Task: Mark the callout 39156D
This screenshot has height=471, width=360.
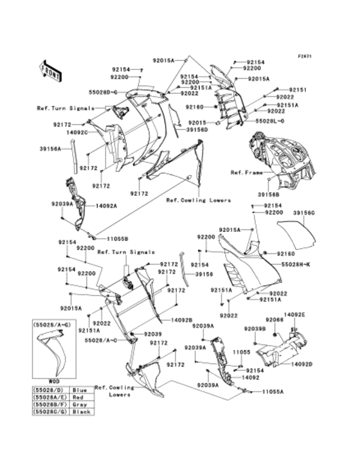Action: click(197, 129)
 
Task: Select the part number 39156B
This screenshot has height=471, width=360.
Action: click(269, 193)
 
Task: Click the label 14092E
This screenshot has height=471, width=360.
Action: click(295, 314)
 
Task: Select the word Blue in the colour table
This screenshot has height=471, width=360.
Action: click(80, 389)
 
